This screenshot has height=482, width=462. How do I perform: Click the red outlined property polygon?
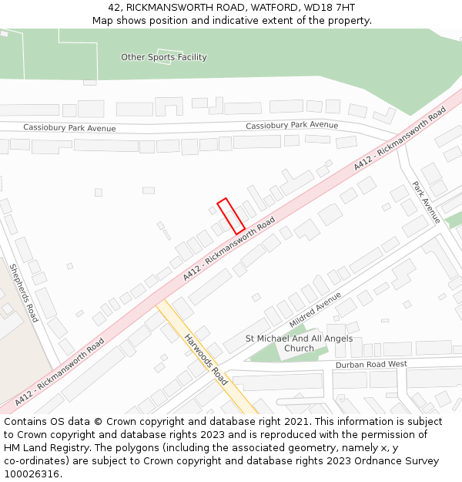tap(231, 216)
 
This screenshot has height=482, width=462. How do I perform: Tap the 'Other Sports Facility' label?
tap(163, 57)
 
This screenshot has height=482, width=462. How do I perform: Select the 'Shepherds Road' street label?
tap(23, 293)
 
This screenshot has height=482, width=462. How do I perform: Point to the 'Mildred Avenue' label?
tap(314, 309)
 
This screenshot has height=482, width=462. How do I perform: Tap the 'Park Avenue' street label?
tap(425, 202)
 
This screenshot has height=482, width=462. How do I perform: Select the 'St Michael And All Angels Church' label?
tap(299, 343)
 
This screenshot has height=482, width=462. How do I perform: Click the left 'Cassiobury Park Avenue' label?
tap(69, 128)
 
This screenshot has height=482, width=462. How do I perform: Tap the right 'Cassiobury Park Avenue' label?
tap(292, 125)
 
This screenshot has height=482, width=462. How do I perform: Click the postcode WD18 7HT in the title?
tap(330, 8)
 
